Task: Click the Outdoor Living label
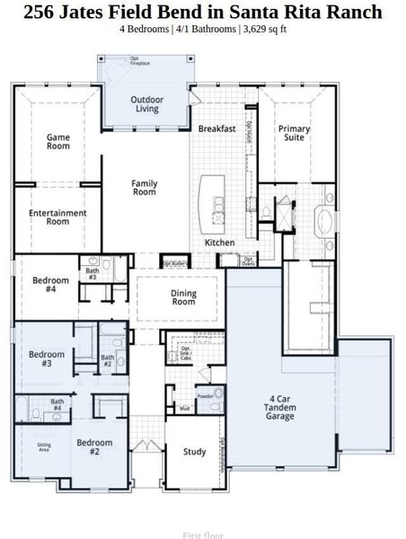click(x=147, y=104)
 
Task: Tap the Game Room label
click(x=58, y=142)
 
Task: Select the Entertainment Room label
click(x=57, y=216)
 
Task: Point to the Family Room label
click(x=145, y=188)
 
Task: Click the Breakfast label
click(x=216, y=128)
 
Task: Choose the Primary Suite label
click(x=294, y=134)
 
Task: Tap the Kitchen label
click(x=219, y=243)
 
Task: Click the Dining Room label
click(x=183, y=297)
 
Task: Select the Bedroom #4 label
click(x=50, y=285)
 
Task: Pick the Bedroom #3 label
click(x=46, y=359)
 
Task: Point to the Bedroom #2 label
click(x=93, y=447)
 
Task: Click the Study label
click(x=195, y=452)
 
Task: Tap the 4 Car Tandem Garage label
click(x=279, y=410)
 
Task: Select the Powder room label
click(x=205, y=395)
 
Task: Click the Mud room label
click(x=184, y=409)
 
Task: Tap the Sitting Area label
click(x=44, y=446)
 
